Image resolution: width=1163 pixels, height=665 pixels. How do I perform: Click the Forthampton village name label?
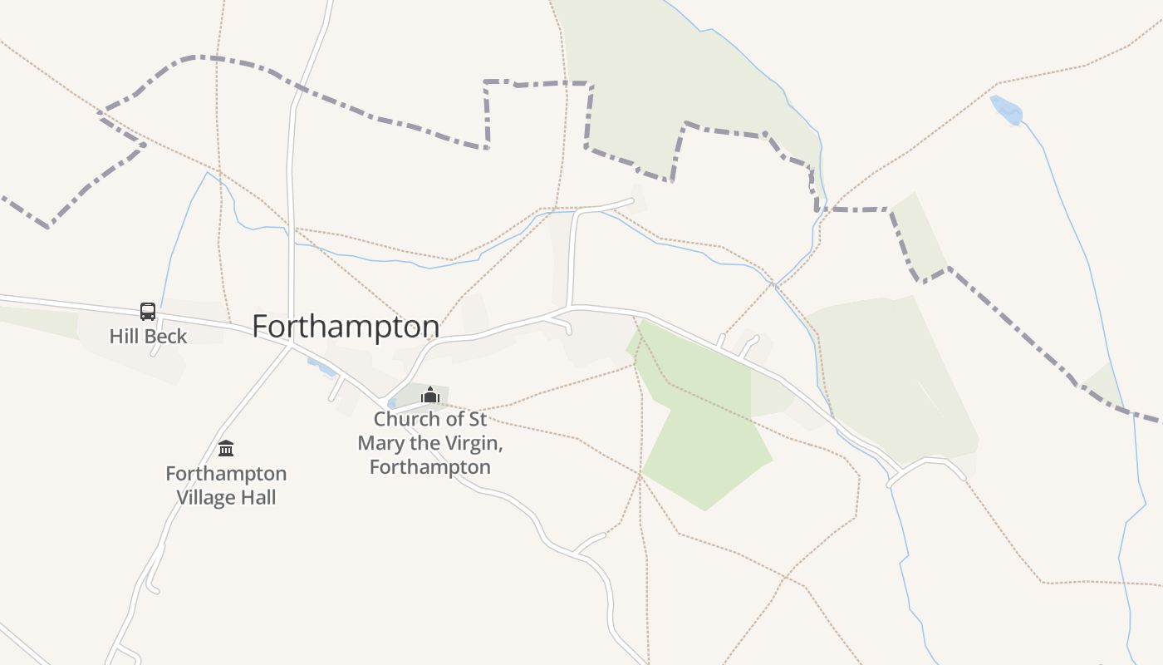pos(346,326)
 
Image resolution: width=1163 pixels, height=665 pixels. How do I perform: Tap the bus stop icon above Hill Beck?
pos(148,312)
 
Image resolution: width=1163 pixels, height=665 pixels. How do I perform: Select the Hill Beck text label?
pos(148,337)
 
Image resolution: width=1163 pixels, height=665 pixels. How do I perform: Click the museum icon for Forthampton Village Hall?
pos(226,449)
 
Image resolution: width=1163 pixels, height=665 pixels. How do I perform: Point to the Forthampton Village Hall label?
pos(226,485)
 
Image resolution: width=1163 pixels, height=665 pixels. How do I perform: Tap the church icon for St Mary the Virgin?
pos(429,395)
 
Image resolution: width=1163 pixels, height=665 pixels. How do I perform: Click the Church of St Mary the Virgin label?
pos(429,442)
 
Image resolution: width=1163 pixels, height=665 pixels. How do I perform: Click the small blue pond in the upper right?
pos(1006,110)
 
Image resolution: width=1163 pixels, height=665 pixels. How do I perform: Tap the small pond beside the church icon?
pos(392,403)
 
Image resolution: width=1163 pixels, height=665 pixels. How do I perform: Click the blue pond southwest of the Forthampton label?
pos(322,367)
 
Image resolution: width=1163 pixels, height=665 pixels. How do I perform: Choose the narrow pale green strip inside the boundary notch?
pos(920,237)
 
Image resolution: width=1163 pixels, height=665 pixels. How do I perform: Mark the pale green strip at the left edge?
pos(33,320)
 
